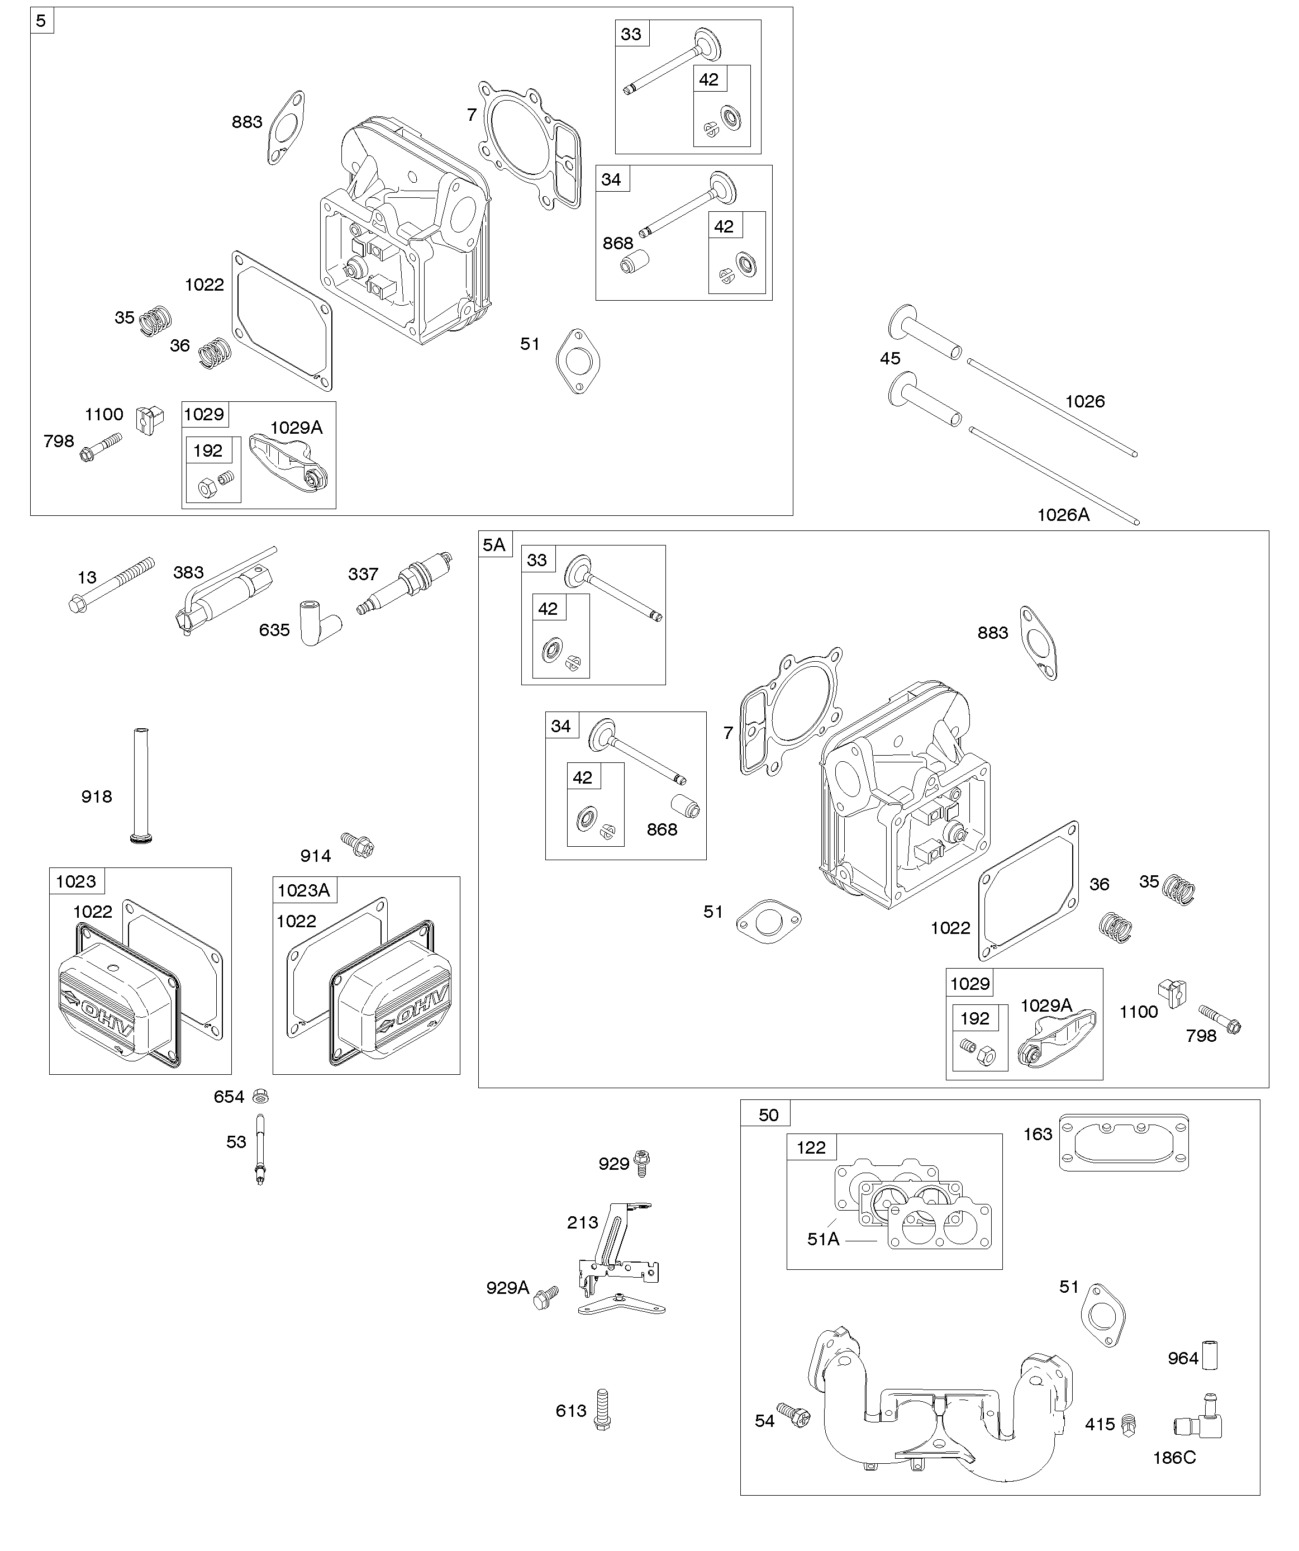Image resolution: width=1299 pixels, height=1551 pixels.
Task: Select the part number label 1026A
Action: (1063, 515)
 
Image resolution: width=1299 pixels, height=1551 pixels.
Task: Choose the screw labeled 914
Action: (358, 843)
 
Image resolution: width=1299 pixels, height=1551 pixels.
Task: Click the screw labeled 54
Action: (794, 1416)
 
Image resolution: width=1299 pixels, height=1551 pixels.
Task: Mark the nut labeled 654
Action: (260, 1095)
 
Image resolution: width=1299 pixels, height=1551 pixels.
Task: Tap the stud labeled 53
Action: (259, 1146)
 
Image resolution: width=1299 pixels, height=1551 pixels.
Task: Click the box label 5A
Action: (494, 544)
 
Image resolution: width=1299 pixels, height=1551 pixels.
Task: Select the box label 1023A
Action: (303, 890)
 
